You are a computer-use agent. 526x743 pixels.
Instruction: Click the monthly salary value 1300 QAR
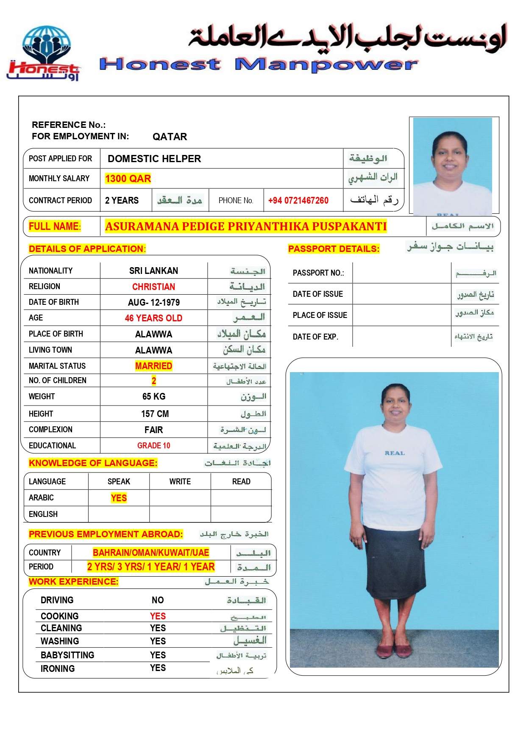click(128, 179)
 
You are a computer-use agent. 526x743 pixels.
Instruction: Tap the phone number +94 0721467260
click(298, 200)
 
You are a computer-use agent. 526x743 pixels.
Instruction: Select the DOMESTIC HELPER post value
click(154, 159)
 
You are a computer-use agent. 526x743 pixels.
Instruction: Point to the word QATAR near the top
click(170, 137)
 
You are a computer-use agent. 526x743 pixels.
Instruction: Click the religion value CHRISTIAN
click(153, 287)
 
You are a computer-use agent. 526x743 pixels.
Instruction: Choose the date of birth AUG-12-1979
click(153, 302)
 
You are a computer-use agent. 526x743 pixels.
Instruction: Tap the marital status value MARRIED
click(153, 366)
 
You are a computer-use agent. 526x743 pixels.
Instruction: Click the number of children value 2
click(153, 381)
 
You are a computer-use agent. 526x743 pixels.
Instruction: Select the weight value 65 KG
click(153, 396)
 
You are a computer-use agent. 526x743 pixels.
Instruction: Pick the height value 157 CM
click(155, 414)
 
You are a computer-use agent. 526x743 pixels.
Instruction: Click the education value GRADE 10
click(153, 445)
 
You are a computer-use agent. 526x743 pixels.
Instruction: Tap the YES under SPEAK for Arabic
click(119, 498)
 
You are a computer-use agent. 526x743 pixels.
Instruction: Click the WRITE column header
click(180, 481)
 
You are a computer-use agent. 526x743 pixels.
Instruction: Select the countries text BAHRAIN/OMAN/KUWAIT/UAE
click(151, 552)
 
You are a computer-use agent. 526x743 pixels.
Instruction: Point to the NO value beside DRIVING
click(158, 600)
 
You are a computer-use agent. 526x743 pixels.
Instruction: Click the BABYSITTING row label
click(67, 655)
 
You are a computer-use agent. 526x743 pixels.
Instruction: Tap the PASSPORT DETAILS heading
click(334, 249)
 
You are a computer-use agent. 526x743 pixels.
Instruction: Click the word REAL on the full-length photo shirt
click(395, 453)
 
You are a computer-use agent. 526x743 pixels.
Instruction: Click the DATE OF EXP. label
click(315, 337)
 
